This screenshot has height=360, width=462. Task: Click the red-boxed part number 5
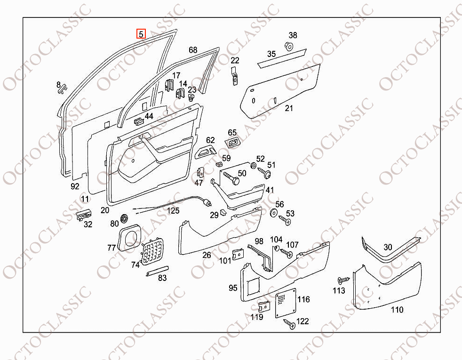141,34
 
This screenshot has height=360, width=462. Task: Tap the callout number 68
193,50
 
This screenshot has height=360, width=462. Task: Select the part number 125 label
173,211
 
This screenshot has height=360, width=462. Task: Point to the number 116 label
303,299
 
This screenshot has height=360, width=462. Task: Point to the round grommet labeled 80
125,218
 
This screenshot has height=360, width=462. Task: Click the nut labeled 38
289,46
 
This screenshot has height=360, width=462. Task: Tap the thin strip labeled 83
157,271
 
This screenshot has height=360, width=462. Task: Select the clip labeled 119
264,307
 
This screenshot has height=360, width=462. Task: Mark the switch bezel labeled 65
232,143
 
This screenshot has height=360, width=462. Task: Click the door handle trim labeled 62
206,151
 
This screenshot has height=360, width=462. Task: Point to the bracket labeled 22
235,76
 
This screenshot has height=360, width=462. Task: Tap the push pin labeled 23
191,97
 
